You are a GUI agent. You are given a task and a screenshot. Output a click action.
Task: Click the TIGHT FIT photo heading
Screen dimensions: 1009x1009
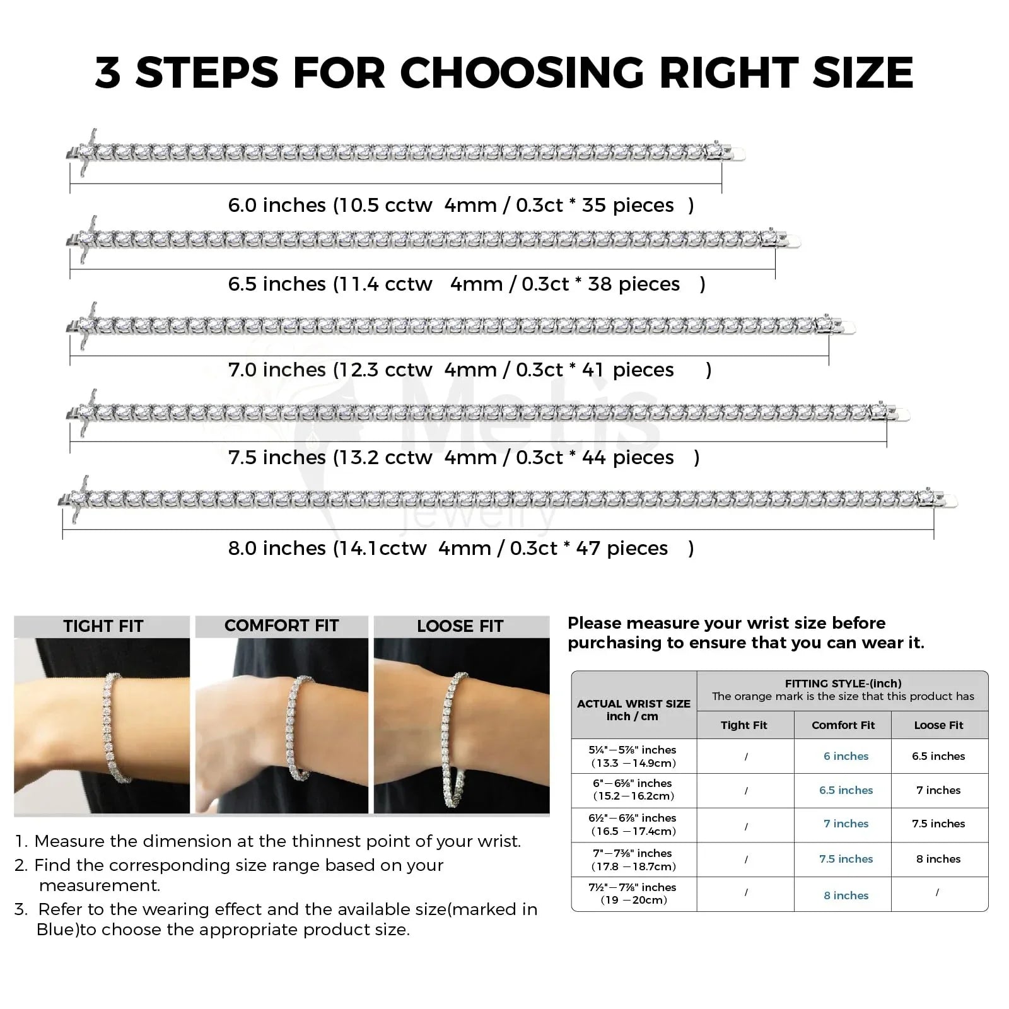tap(103, 626)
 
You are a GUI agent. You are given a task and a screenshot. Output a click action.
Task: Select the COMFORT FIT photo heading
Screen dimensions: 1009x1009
tap(282, 626)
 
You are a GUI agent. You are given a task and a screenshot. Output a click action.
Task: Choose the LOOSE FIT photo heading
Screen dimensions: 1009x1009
tap(460, 626)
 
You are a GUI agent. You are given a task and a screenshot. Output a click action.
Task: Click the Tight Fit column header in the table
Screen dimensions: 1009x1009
tap(744, 725)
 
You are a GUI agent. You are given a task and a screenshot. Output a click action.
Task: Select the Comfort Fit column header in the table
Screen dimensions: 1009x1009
tap(843, 725)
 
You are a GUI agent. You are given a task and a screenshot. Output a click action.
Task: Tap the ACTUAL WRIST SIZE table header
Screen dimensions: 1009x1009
tap(634, 704)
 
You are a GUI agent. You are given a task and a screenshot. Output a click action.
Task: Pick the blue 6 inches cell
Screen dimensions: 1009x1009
tap(846, 756)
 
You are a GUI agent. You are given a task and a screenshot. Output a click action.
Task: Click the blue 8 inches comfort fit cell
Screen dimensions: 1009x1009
tap(846, 895)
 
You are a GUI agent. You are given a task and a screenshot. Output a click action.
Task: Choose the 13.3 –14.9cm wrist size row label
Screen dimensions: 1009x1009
tap(633, 763)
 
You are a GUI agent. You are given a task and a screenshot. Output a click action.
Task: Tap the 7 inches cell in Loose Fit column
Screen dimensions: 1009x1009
tap(938, 790)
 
